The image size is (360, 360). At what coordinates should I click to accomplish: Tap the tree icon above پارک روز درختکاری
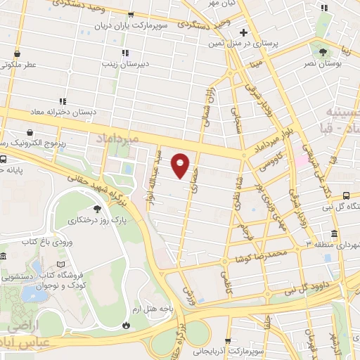pos(97,209)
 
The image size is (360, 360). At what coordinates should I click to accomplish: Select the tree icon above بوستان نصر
pos(323,51)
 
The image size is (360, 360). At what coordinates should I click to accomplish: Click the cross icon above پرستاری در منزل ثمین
pos(243,32)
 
